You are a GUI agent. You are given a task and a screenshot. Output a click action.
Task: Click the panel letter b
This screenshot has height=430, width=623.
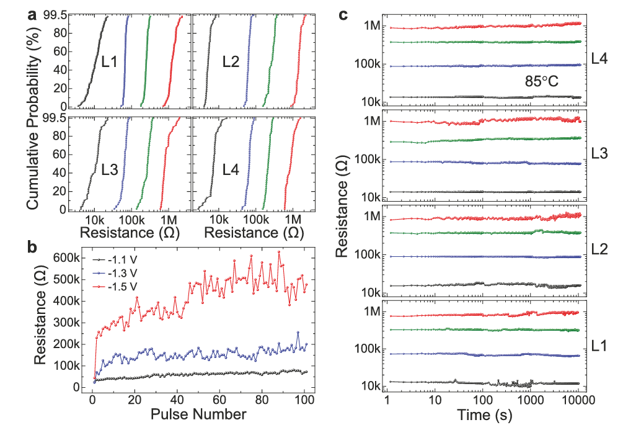[32, 246]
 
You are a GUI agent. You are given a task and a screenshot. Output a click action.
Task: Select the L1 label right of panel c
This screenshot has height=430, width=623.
[601, 344]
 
